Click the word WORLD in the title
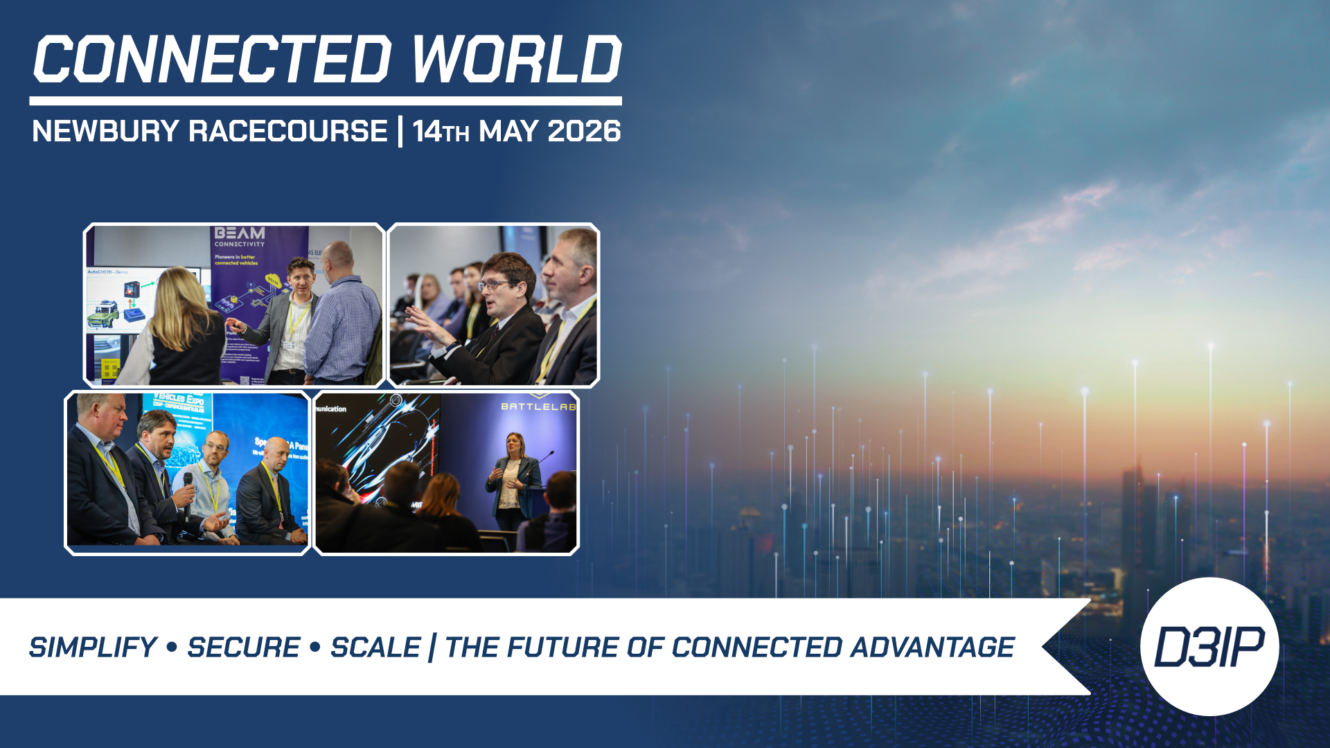(x=517, y=60)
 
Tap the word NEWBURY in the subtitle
(x=106, y=131)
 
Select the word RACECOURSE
(x=287, y=131)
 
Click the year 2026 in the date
(x=584, y=131)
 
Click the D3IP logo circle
(x=1209, y=646)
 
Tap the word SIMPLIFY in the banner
(x=93, y=648)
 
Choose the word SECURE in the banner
(x=243, y=648)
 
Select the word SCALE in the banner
(x=375, y=648)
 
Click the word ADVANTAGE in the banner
(x=932, y=648)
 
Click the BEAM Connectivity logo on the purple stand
(x=239, y=236)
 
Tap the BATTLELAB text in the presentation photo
(x=538, y=407)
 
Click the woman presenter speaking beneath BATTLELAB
(x=513, y=481)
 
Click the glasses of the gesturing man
(x=496, y=284)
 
